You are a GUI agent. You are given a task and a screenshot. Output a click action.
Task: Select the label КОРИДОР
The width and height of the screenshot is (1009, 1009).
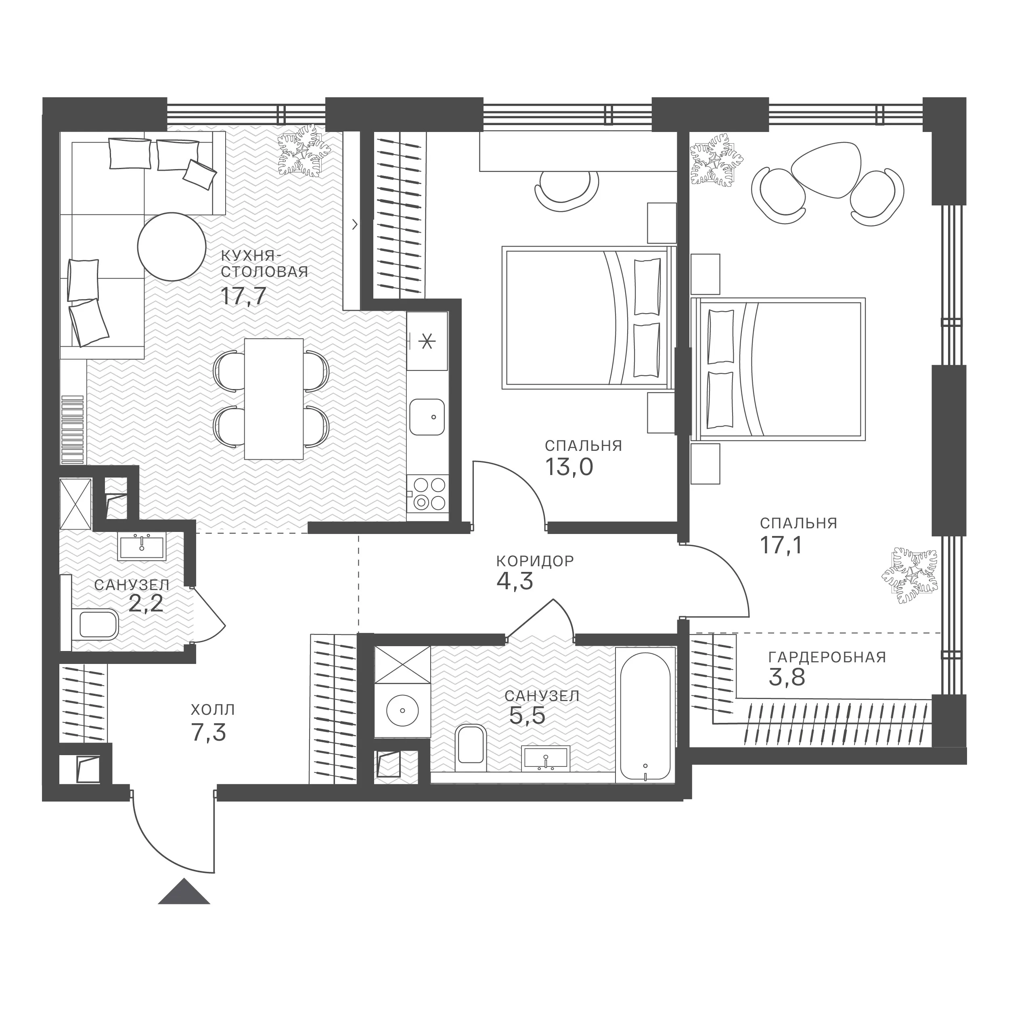point(535,561)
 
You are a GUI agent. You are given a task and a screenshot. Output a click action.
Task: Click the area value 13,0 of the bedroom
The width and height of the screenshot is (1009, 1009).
point(569,467)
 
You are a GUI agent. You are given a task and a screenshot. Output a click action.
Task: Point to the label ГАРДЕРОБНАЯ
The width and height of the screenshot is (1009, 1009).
point(827,657)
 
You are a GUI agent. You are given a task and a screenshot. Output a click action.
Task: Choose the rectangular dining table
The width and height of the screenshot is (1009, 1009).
point(274,399)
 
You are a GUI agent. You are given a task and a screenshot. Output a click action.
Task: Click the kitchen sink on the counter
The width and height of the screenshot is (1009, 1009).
point(427,417)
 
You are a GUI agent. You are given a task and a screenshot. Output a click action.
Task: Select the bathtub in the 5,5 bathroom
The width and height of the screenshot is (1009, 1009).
point(645,714)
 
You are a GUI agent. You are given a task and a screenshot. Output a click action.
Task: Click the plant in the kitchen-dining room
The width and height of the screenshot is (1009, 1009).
point(304,151)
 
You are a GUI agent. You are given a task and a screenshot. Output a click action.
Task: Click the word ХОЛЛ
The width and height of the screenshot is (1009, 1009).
point(213,710)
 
